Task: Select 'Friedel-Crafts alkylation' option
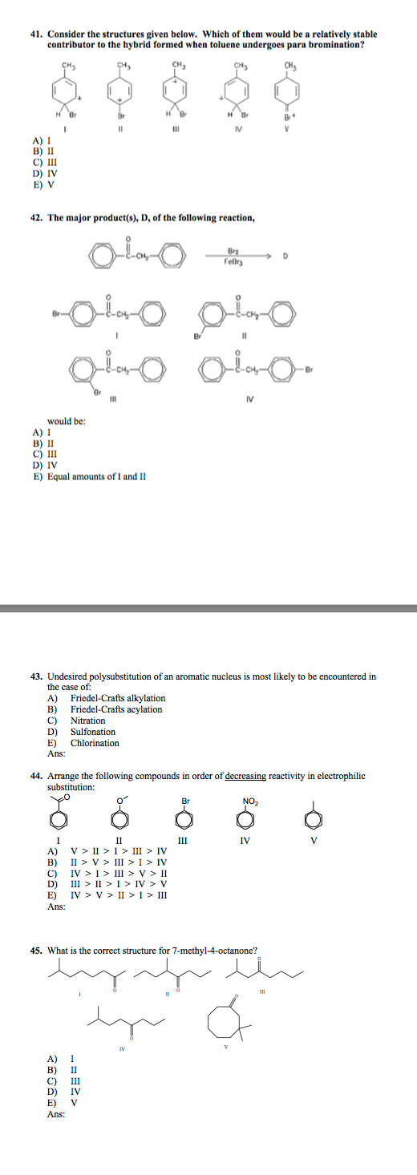118,698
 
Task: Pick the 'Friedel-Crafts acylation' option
116,709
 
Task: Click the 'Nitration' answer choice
88,721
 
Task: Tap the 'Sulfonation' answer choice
93,732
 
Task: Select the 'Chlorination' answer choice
95,743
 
